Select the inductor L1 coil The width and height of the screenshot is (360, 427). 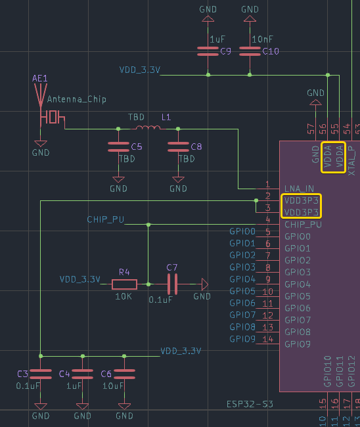pos(148,127)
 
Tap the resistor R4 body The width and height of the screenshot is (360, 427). pos(124,284)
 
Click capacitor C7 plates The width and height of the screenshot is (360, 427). pos(172,284)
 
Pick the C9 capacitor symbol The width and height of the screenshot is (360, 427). pos(208,51)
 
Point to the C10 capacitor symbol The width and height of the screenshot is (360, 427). pos(250,51)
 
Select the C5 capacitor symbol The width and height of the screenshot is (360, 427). pos(118,146)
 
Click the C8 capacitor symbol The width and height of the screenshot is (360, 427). pos(178,146)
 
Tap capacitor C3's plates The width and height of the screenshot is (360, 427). pos(41,374)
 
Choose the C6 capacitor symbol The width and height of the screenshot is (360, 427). pos(124,374)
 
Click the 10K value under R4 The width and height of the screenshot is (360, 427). pos(124,296)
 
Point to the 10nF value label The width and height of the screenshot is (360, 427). pos(262,39)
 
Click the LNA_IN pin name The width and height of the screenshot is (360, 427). pos(299,189)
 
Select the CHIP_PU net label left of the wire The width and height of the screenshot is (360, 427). pos(106,219)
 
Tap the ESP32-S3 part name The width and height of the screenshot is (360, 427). pos(250,404)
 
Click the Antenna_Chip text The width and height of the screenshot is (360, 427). pos(77,99)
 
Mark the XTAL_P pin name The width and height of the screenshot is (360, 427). pos(351,161)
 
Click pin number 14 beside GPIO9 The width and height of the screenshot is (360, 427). pos(267,339)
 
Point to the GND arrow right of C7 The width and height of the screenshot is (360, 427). pos(205,284)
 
